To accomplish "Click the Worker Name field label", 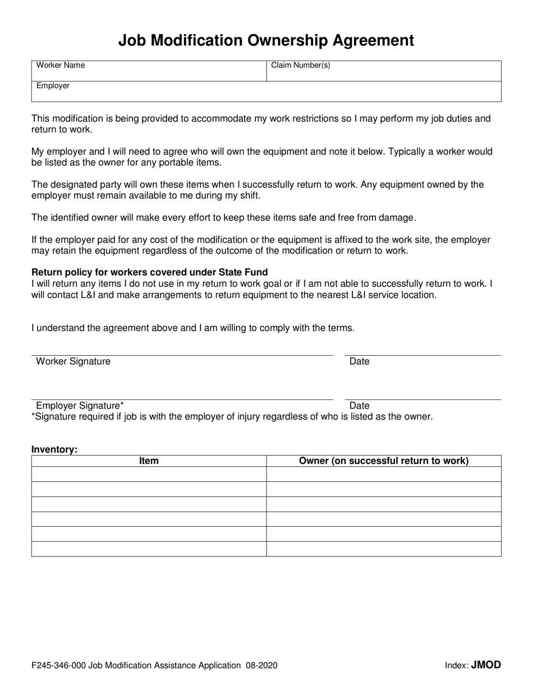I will (61, 65).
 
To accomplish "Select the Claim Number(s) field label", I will (301, 65).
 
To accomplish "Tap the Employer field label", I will (53, 86).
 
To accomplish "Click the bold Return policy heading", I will (149, 273).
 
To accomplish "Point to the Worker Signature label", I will (73, 361).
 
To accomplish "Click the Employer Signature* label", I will (80, 406).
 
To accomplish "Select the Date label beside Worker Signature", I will (359, 361).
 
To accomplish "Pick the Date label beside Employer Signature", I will (359, 406).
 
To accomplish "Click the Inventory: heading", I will (54, 449).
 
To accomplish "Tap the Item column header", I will (149, 461).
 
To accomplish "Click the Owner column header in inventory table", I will (384, 461).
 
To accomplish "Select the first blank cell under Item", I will (149, 475).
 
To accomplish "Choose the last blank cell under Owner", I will (384, 549).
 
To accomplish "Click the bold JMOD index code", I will (486, 665).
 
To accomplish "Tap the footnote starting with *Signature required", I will (232, 416).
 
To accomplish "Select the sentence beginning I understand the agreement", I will (193, 328).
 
